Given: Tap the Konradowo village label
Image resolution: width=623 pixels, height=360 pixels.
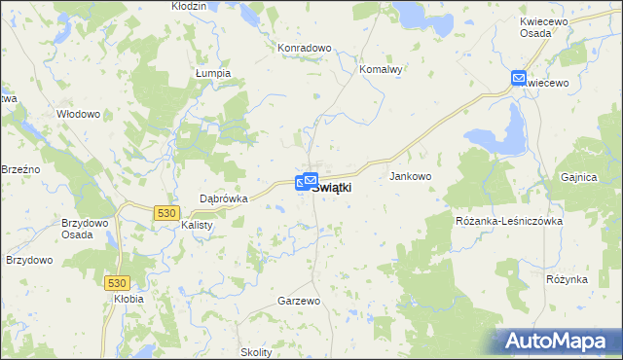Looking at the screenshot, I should tap(305, 47).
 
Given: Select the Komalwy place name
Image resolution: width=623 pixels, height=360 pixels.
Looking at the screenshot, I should tap(381, 70).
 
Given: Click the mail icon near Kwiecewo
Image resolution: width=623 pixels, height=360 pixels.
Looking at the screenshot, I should tap(519, 77).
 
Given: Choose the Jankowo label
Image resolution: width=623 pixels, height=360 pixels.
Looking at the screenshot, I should tap(410, 176).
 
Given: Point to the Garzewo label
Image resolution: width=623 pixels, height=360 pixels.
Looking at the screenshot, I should tap(299, 302).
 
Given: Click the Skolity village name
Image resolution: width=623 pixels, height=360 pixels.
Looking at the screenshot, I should tap(256, 352).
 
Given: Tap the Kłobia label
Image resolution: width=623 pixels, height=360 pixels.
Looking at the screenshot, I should tap(128, 299).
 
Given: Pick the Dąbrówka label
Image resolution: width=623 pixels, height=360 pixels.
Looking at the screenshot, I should tap(224, 198).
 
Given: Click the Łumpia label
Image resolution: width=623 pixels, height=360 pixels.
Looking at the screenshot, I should tap(212, 73).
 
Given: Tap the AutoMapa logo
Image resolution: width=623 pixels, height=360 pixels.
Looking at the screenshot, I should tap(560, 342).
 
